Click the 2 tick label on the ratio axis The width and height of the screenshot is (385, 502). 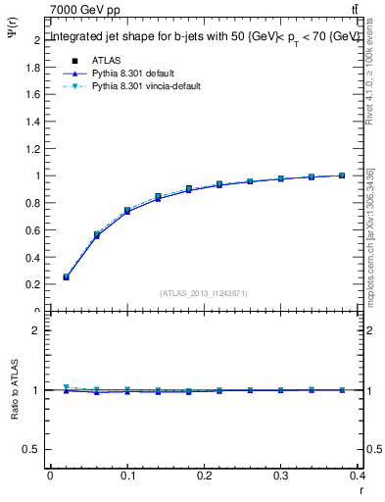pos(37,330)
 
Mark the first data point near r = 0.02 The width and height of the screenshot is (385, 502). pos(66,276)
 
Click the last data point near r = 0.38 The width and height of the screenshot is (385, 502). pos(342,176)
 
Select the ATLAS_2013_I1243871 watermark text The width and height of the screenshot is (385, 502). pos(203,293)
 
